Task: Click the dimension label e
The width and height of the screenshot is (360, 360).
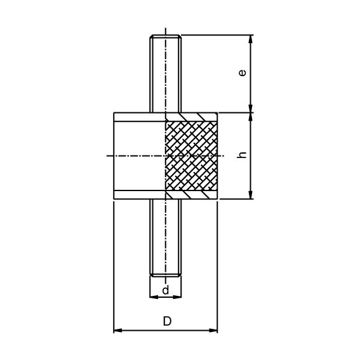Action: click(242, 73)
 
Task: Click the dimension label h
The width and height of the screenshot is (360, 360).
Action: click(242, 155)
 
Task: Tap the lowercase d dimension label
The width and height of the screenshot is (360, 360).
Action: click(166, 290)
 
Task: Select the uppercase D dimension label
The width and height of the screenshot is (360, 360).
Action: click(167, 321)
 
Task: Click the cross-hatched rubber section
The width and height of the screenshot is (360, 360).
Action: click(191, 156)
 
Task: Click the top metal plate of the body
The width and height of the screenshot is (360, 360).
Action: click(140, 117)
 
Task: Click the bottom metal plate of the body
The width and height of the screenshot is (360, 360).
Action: click(140, 195)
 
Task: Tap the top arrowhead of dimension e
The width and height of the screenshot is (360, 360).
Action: click(251, 39)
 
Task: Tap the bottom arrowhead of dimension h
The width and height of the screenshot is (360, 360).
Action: click(251, 195)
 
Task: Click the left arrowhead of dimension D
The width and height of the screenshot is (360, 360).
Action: click(117, 330)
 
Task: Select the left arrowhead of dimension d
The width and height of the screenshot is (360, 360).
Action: click(153, 297)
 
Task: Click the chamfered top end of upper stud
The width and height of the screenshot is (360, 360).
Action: click(166, 37)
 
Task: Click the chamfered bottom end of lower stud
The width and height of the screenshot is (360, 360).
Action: click(166, 275)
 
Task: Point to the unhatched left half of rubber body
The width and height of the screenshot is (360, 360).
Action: click(140, 156)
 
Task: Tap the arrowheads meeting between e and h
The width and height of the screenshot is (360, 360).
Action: click(251, 113)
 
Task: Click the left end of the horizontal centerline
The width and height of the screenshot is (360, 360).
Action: click(108, 156)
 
